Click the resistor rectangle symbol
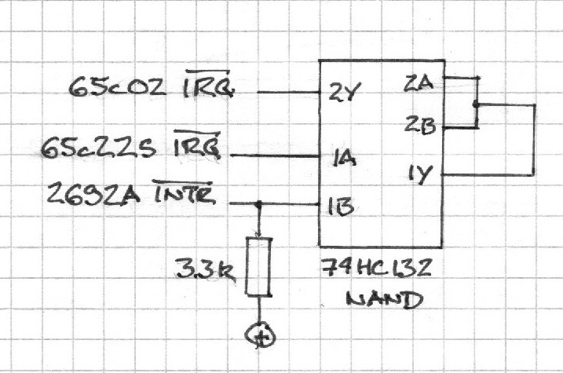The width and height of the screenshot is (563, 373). [x=258, y=267]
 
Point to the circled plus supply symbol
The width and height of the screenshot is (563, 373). [x=261, y=337]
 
